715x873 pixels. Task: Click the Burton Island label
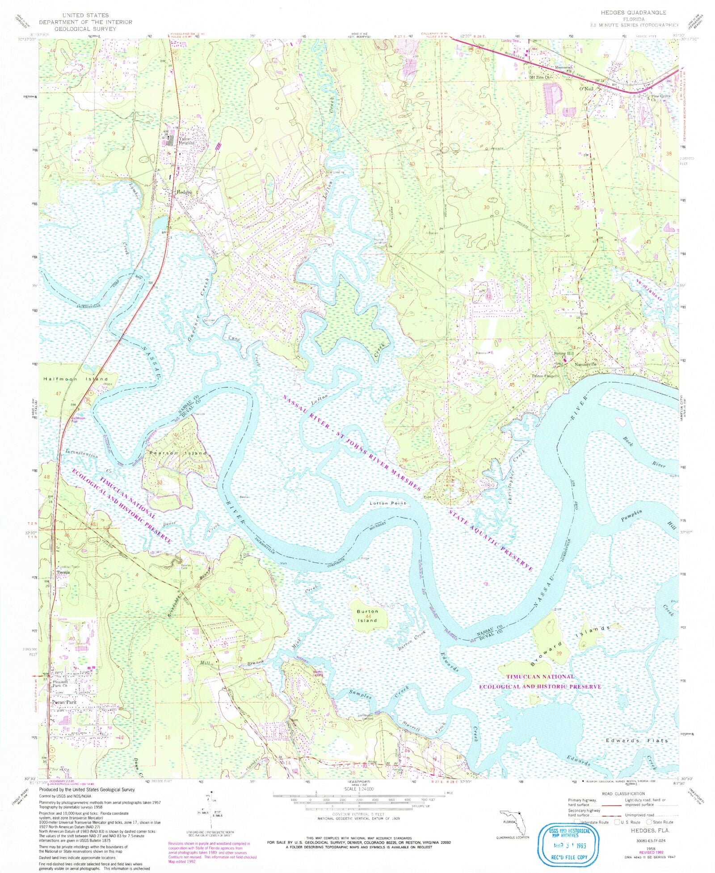click(x=367, y=616)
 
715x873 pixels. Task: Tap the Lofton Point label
click(x=388, y=503)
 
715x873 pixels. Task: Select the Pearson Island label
click(x=178, y=453)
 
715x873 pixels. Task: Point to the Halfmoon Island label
click(x=76, y=379)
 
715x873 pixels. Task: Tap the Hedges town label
click(x=184, y=192)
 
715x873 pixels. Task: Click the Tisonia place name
click(x=63, y=572)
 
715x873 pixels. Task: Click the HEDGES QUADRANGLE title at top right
click(x=640, y=13)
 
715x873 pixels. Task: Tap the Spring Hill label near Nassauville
click(x=563, y=354)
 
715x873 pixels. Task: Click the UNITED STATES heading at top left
click(x=85, y=15)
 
